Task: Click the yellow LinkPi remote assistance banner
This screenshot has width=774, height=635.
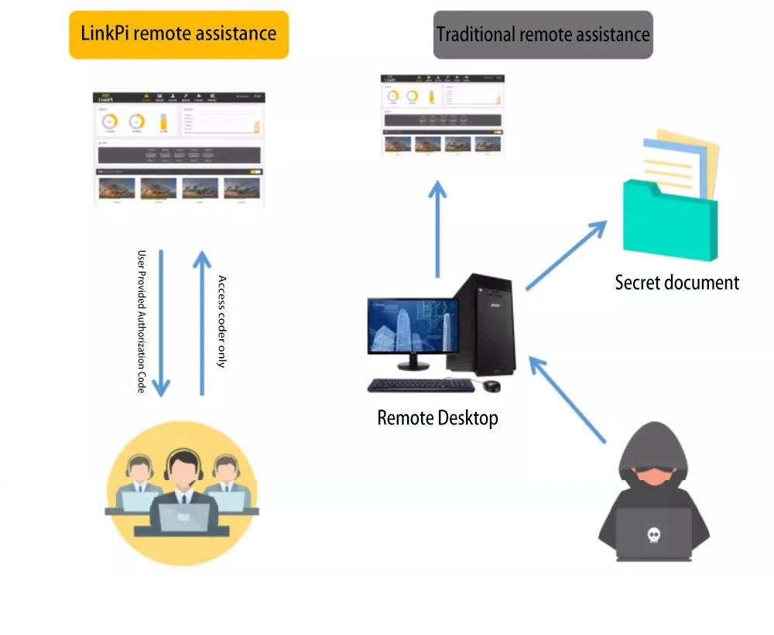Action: pos(179,34)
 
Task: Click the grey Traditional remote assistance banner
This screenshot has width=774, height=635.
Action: pos(543,35)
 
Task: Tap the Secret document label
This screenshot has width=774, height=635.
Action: pos(676,283)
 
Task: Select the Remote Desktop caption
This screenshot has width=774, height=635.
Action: pos(437,418)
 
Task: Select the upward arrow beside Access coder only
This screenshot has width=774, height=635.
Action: pos(202,321)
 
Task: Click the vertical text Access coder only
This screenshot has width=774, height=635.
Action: pos(222,321)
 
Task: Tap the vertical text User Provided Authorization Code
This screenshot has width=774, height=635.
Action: pos(142,321)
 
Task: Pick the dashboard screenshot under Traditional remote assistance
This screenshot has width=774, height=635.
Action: pos(443,117)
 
